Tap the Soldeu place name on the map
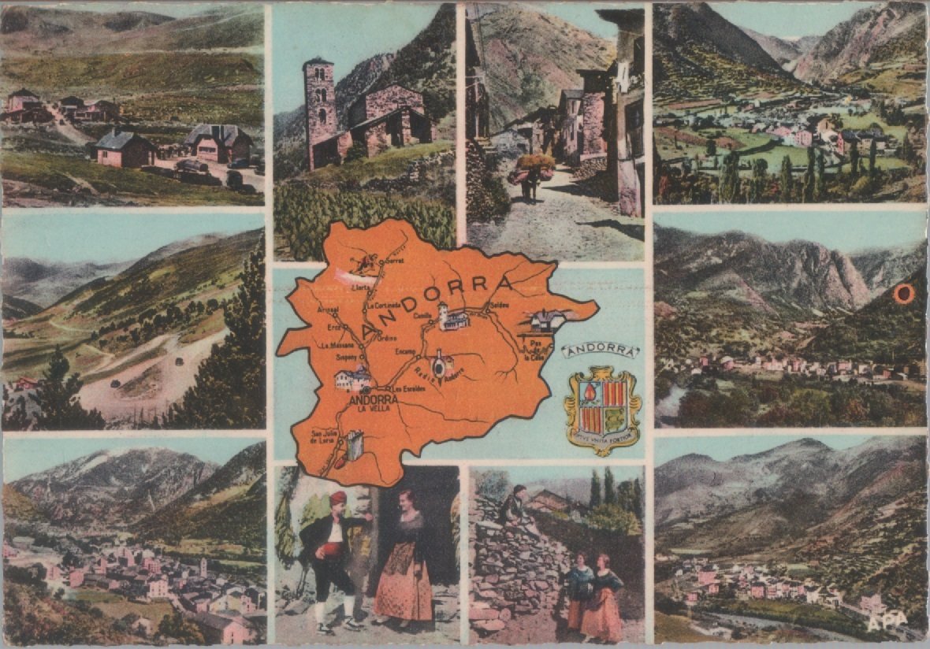tap(499, 305)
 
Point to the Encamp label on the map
tap(406, 351)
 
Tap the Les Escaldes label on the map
tap(408, 389)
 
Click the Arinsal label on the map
tap(328, 310)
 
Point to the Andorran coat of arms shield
tap(603, 408)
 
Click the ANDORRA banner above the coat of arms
tap(600, 350)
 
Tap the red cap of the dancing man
tap(338, 498)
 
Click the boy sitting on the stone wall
tap(515, 506)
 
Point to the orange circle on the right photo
tap(904, 294)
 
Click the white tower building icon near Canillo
tap(453, 317)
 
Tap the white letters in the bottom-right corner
tap(884, 622)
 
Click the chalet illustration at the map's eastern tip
tap(546, 321)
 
